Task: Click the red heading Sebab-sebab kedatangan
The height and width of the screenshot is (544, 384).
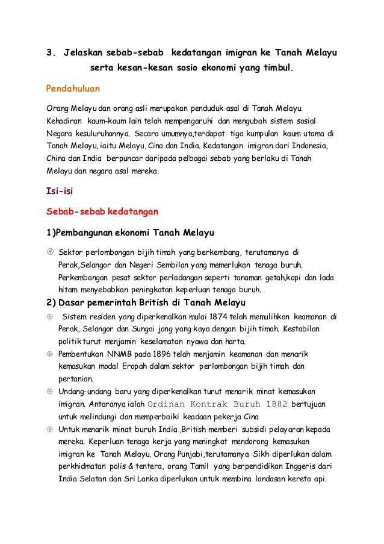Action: click(102, 212)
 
